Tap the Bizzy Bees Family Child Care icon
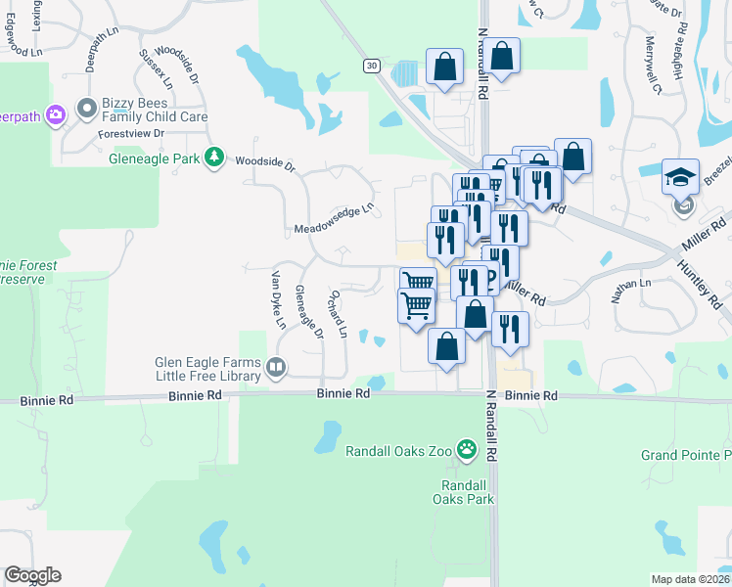coord(87,108)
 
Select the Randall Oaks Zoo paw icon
coord(470,451)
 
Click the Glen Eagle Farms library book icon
coord(276,368)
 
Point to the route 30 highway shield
coord(371,66)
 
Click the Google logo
coord(32,575)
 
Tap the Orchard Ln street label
coord(339,314)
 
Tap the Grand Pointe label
coord(686,455)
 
